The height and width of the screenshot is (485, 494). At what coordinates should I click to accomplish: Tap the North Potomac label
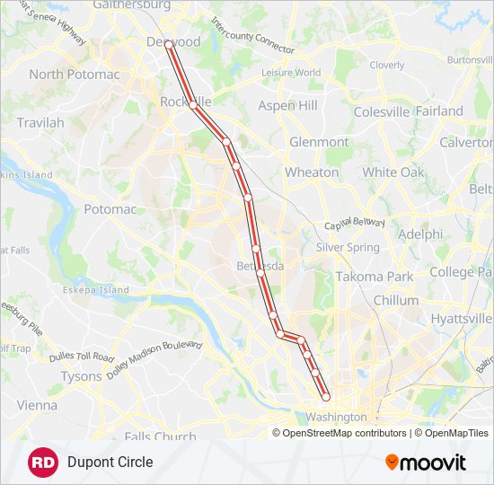click(73, 74)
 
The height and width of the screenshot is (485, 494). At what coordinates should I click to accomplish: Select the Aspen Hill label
click(287, 105)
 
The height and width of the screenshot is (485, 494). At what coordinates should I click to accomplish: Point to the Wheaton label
click(312, 172)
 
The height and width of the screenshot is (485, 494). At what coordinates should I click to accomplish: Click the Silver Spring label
click(348, 247)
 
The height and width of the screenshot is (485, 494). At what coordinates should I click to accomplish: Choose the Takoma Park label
click(375, 277)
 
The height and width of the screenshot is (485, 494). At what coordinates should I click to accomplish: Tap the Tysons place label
click(81, 376)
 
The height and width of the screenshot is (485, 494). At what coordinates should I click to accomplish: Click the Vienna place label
click(36, 405)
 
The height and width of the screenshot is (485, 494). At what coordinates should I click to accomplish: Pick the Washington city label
click(336, 417)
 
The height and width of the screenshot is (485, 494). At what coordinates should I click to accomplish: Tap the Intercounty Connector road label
click(252, 34)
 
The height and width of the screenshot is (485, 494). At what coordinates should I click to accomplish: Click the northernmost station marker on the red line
click(168, 43)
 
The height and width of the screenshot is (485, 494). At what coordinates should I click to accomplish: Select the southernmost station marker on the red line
click(325, 396)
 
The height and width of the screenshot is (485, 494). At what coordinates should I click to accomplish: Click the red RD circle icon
click(43, 463)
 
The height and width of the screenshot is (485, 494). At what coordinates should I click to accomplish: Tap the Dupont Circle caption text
click(110, 463)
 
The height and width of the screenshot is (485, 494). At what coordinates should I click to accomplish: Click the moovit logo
click(425, 463)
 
